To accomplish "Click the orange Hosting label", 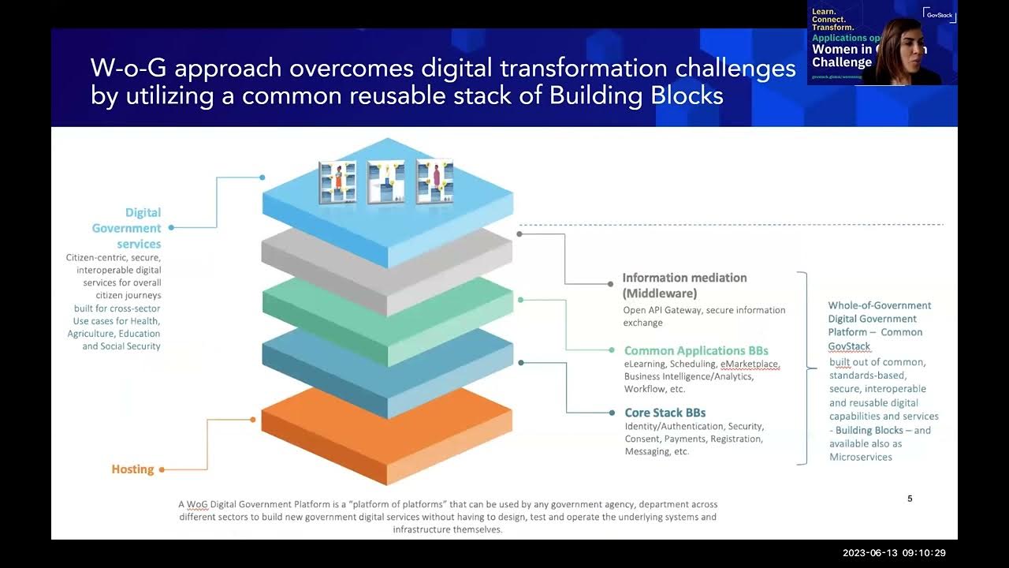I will pyautogui.click(x=132, y=469).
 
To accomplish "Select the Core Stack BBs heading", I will pyautogui.click(x=665, y=413).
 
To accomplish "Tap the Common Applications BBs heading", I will pyautogui.click(x=696, y=350).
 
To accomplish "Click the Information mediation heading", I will pyautogui.click(x=684, y=278).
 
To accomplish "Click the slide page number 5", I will pyautogui.click(x=910, y=499).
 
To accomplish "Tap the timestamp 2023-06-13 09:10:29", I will pyautogui.click(x=893, y=553).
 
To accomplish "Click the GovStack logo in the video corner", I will pyautogui.click(x=939, y=14).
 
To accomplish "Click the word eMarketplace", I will pyautogui.click(x=749, y=364).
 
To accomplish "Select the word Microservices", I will pyautogui.click(x=861, y=457).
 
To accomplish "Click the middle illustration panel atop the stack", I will pyautogui.click(x=385, y=182).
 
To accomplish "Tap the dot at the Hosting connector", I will pyautogui.click(x=162, y=469).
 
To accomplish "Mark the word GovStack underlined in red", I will pyautogui.click(x=849, y=346).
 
